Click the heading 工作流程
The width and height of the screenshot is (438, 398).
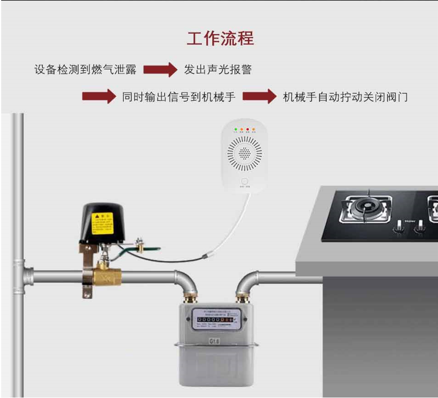(x=220, y=38)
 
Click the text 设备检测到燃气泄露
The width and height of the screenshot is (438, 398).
(x=85, y=70)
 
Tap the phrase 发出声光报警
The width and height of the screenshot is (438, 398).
(x=218, y=70)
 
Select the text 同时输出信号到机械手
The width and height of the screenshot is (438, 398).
(x=179, y=97)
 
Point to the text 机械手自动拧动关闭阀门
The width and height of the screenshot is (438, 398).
(x=346, y=97)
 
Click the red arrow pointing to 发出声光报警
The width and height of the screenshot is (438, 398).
(x=160, y=70)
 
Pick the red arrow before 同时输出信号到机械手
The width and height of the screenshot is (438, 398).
(x=99, y=97)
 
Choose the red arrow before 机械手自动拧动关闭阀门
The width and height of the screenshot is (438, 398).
(x=259, y=97)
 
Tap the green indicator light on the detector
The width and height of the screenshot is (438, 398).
(x=235, y=130)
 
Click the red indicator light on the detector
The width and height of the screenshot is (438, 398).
(x=248, y=130)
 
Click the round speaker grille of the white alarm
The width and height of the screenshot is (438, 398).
(x=244, y=153)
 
